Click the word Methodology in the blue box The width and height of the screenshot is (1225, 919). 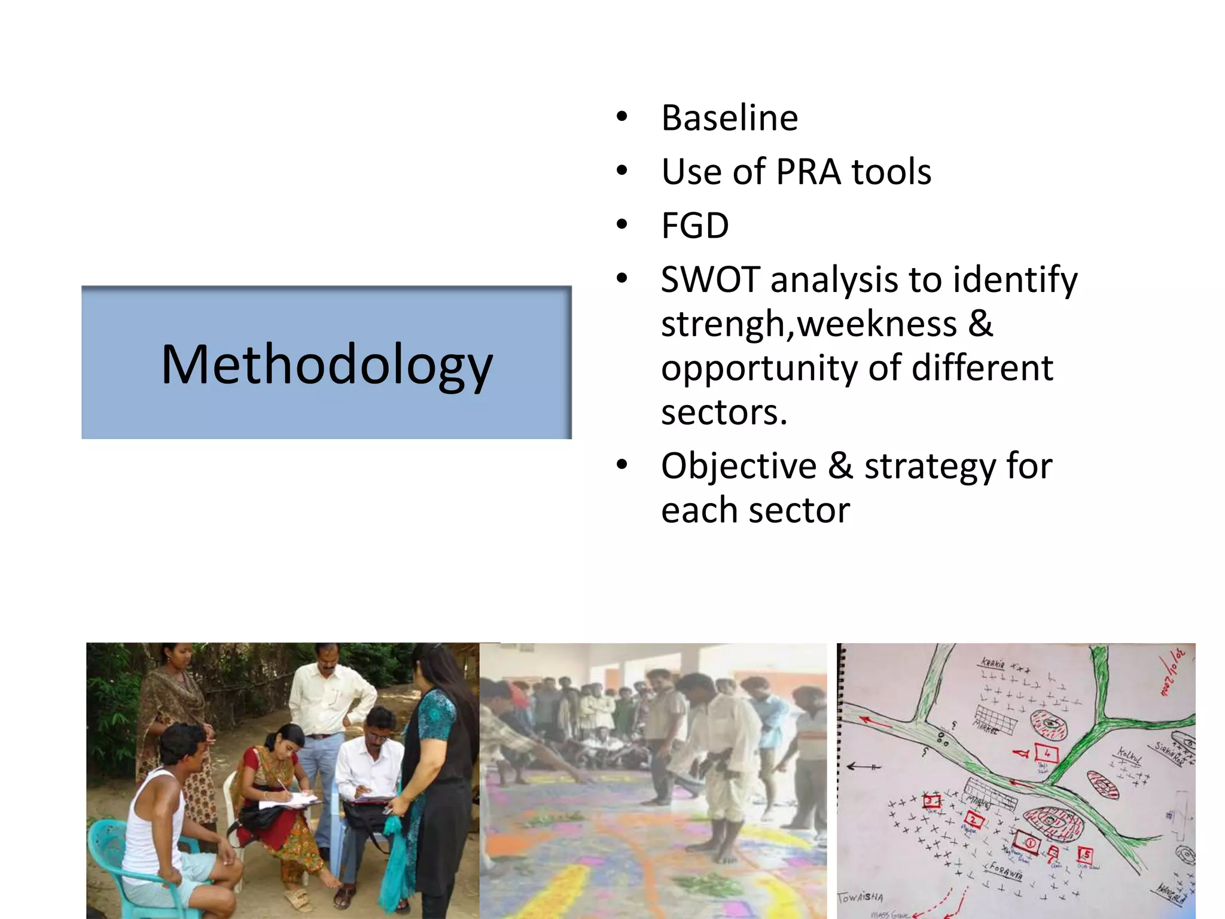pyautogui.click(x=327, y=365)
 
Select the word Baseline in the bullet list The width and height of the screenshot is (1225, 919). pyautogui.click(x=729, y=118)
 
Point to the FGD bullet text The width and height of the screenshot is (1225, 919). pyautogui.click(x=694, y=226)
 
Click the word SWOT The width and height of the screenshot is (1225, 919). pyautogui.click(x=710, y=280)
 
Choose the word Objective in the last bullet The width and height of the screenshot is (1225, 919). pyautogui.click(x=738, y=466)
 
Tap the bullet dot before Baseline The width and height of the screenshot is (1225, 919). pyautogui.click(x=622, y=117)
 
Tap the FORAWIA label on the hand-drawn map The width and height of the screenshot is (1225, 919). pyautogui.click(x=1005, y=870)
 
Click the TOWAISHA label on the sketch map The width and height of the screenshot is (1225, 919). pyautogui.click(x=860, y=897)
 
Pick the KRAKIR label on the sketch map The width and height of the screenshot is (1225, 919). pyautogui.click(x=992, y=662)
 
